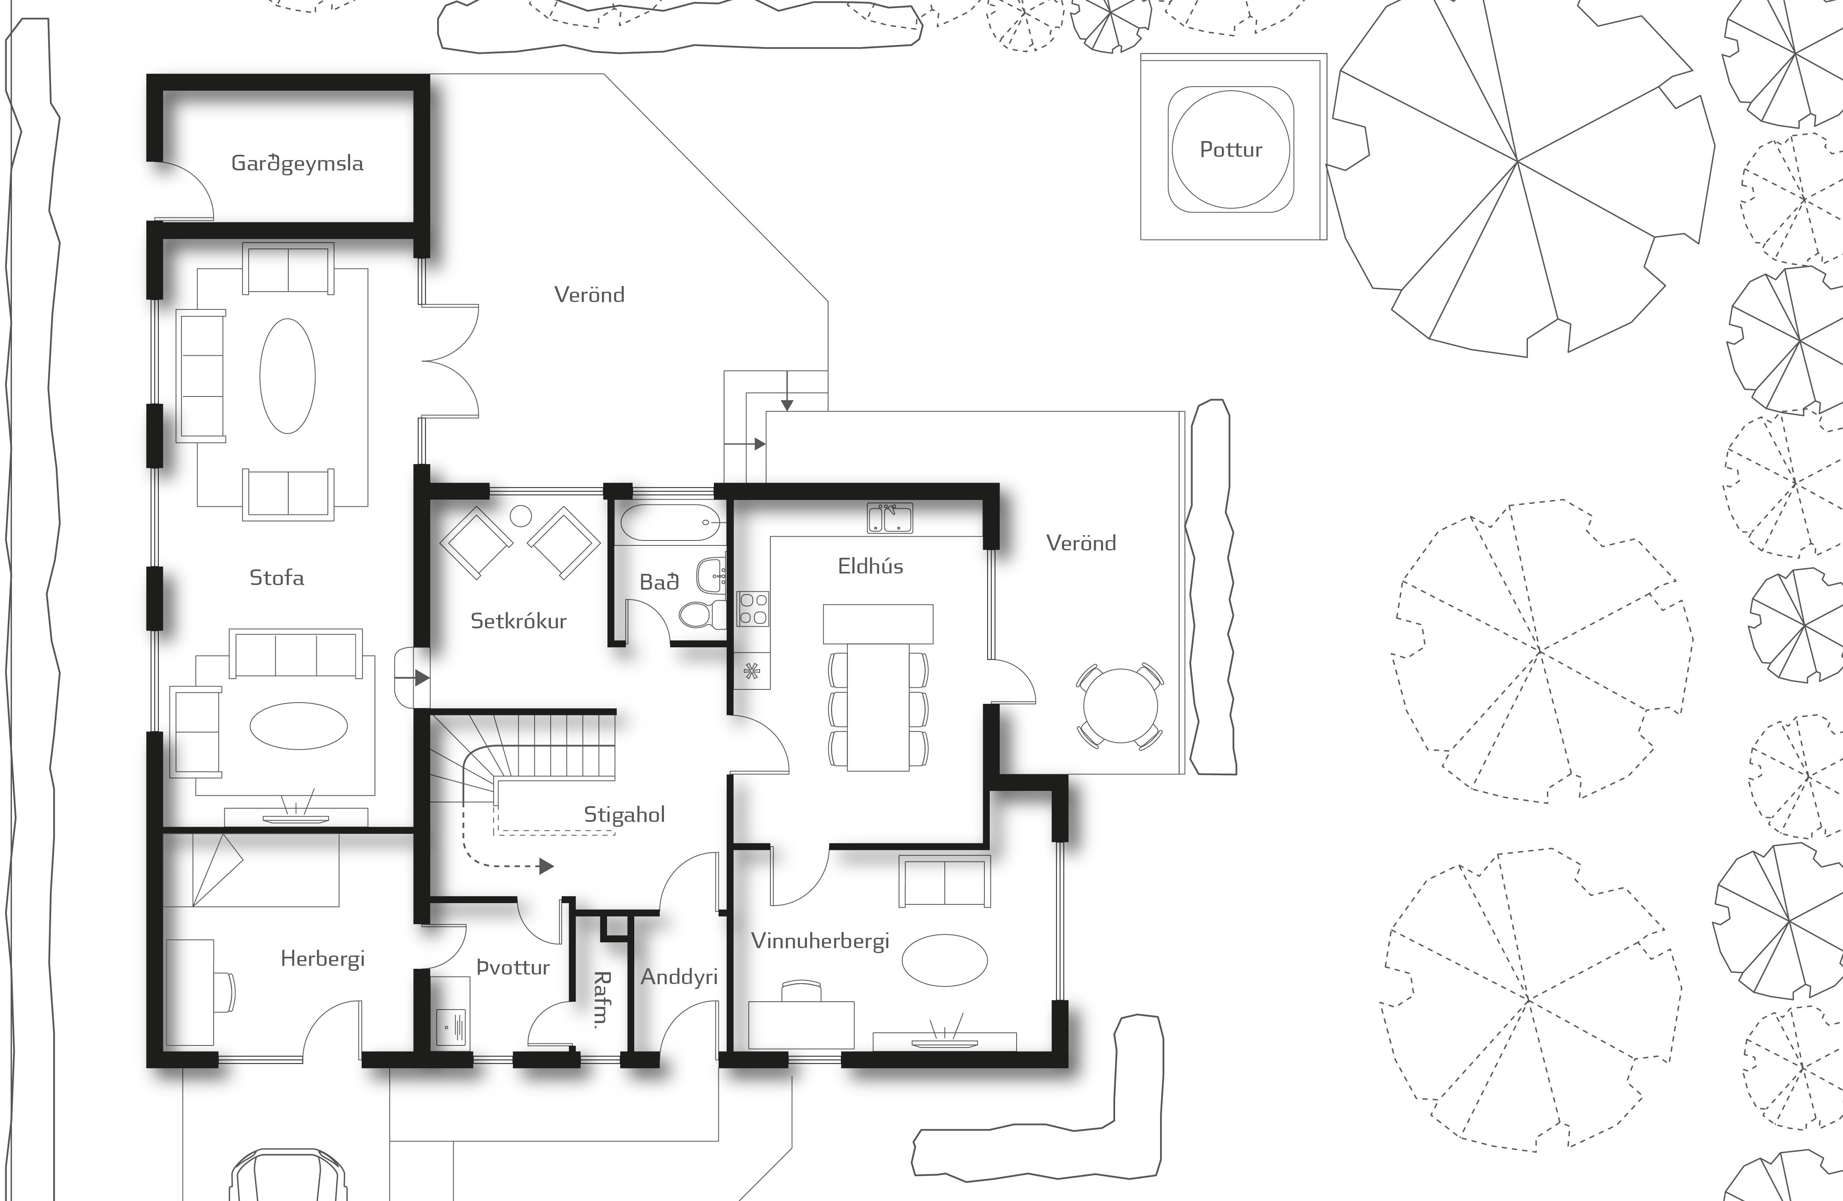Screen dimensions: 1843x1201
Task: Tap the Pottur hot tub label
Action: pyautogui.click(x=1231, y=149)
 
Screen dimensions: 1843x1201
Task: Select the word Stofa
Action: pyautogui.click(x=276, y=577)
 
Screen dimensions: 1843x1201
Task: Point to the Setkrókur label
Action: pyautogui.click(x=518, y=621)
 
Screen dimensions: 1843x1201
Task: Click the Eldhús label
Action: pyautogui.click(x=871, y=566)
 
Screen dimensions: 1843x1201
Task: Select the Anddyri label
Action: pyautogui.click(x=679, y=977)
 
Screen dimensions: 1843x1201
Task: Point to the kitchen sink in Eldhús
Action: pyautogui.click(x=890, y=518)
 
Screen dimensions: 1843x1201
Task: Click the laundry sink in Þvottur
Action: pyautogui.click(x=451, y=1026)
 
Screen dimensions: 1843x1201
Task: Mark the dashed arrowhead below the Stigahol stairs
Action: pyautogui.click(x=547, y=866)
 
